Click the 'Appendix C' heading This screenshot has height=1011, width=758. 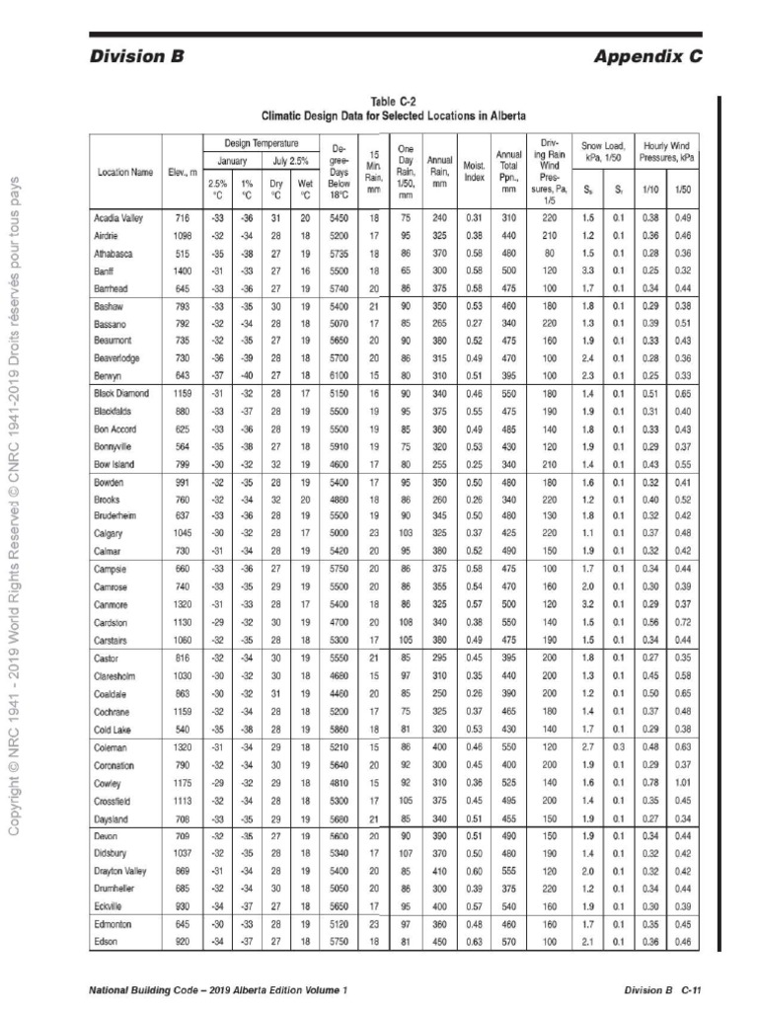pyautogui.click(x=647, y=56)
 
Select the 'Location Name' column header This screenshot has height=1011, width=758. pyautogui.click(x=124, y=172)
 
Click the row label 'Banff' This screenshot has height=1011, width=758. pyautogui.click(x=108, y=270)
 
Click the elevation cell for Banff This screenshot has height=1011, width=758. pyautogui.click(x=181, y=270)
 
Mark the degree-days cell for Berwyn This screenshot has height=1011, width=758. pyautogui.click(x=339, y=376)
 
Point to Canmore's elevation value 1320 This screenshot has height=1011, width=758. pyautogui.click(x=181, y=601)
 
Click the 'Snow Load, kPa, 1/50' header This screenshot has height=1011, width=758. pyautogui.click(x=603, y=150)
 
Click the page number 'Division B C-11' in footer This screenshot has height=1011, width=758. pyautogui.click(x=661, y=988)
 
